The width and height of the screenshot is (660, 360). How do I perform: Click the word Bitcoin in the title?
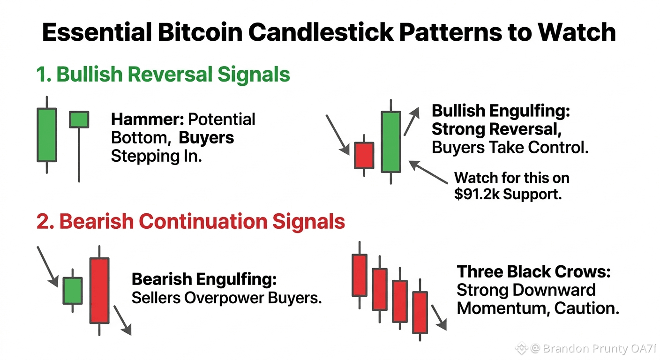(x=200, y=32)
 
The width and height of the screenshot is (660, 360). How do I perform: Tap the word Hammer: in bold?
(x=147, y=120)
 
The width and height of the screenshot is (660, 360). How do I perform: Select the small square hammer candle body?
(x=79, y=120)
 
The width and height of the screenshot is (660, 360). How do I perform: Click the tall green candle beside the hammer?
(x=47, y=135)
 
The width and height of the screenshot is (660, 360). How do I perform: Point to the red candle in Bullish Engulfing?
(x=364, y=156)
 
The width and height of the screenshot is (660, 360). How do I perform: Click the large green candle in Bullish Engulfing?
(x=391, y=142)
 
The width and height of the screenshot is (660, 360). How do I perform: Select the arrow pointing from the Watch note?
(x=428, y=172)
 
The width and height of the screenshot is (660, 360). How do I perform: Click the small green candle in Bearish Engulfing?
(x=73, y=291)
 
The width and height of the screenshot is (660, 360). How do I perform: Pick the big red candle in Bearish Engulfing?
(x=99, y=291)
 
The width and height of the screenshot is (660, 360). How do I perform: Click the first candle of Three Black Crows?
(x=360, y=275)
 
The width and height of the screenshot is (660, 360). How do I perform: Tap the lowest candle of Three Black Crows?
(x=420, y=313)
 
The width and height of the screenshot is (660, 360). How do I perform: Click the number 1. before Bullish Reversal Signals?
(x=44, y=74)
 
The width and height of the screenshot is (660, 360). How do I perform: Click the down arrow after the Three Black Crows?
(x=439, y=317)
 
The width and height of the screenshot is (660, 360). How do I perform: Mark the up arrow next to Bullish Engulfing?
(x=411, y=121)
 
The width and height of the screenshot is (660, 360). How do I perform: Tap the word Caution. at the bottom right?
(x=586, y=308)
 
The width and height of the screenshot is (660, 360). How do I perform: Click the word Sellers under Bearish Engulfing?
(x=156, y=298)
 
